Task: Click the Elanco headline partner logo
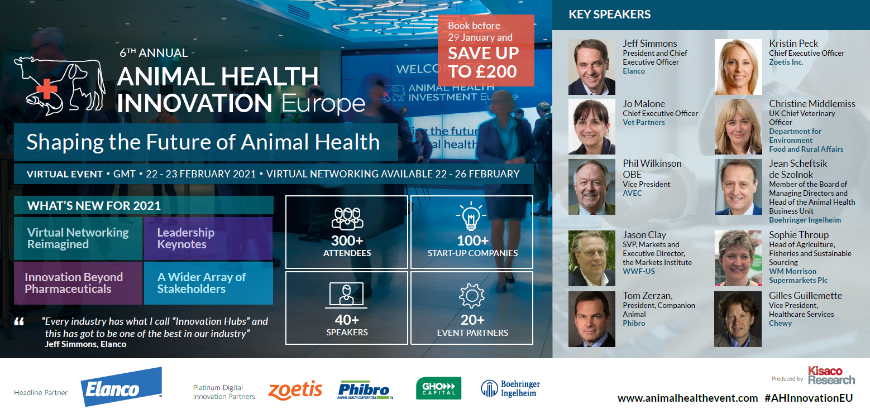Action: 121,387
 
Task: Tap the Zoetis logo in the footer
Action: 295,390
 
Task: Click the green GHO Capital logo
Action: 438,388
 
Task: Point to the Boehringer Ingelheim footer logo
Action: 510,388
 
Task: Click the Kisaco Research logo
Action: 831,376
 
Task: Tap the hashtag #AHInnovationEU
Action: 809,398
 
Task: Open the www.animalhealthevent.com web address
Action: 687,398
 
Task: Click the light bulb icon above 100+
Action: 471,216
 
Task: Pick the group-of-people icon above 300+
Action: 347,219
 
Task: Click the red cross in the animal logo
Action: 46,89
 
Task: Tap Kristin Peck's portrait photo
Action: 738,67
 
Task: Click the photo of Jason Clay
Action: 591,258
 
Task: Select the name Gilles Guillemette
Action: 806,296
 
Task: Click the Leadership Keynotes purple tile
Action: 208,238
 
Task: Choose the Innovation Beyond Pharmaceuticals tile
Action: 78,283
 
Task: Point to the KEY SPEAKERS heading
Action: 609,15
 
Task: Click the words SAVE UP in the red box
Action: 483,53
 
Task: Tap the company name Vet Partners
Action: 644,123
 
